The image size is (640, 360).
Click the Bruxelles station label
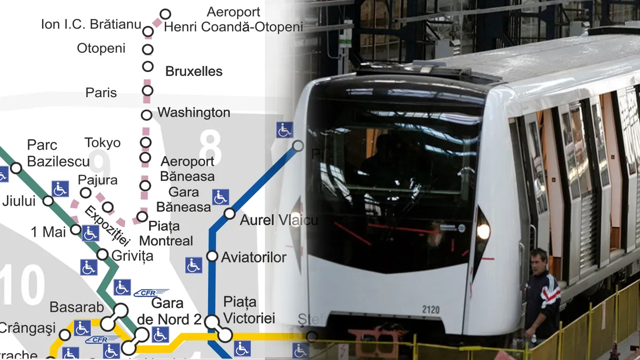click(194, 71)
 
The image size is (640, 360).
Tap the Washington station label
click(194, 113)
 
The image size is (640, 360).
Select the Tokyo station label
click(102, 143)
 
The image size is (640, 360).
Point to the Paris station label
click(101, 93)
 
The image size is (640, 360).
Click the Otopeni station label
click(101, 49)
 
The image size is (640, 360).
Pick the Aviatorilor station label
click(254, 258)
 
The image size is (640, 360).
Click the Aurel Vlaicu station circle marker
click(230, 214)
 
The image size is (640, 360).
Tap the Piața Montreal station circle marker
click(142, 217)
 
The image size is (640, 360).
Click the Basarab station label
click(72, 308)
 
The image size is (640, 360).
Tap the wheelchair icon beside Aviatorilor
click(194, 265)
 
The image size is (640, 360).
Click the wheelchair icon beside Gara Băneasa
click(220, 197)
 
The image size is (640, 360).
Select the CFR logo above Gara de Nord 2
click(151, 292)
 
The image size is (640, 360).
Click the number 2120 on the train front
click(430, 309)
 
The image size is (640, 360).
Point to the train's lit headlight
click(483, 231)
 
